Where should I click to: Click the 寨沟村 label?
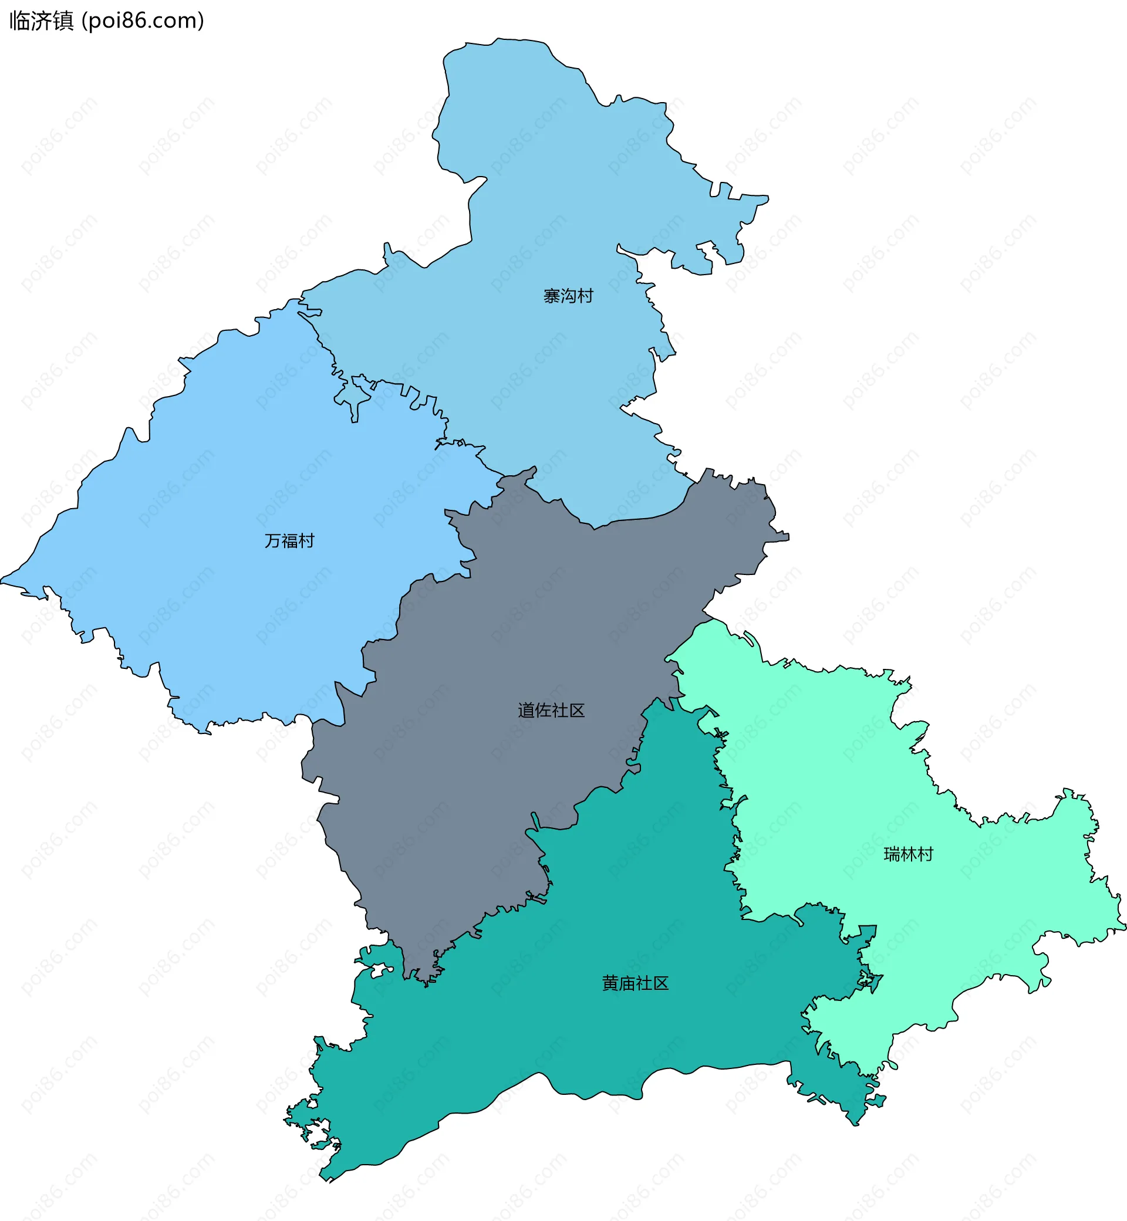click(568, 296)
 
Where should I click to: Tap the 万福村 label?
click(289, 541)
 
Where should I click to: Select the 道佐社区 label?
click(551, 710)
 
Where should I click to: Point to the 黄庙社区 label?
click(636, 983)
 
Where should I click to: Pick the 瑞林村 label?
click(908, 855)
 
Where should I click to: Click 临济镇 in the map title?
click(42, 21)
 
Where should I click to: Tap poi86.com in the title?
click(143, 21)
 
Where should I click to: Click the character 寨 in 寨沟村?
click(552, 296)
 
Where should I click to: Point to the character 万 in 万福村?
click(272, 541)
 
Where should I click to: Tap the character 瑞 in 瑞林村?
click(892, 855)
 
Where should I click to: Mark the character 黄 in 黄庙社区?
click(610, 983)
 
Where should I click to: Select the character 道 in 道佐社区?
click(527, 710)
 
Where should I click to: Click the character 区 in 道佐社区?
click(577, 710)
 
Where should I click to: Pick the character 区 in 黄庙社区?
click(661, 983)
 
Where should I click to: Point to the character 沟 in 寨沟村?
click(568, 296)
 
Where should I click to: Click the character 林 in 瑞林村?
click(909, 855)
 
